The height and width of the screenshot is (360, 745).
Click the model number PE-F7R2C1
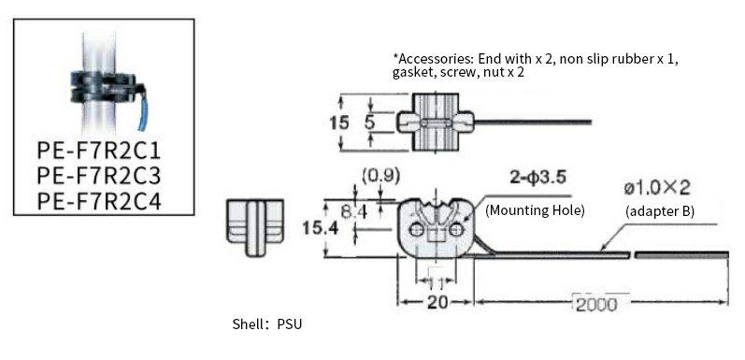coord(99,151)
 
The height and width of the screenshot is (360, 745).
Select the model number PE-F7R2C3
coord(99,176)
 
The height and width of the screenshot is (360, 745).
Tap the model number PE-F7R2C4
coord(99,201)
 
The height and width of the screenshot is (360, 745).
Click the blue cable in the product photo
coord(142,110)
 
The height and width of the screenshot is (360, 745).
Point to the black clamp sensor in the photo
coord(106,87)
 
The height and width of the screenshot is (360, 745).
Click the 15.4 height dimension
coord(321,229)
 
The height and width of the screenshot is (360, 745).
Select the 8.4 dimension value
coord(354,212)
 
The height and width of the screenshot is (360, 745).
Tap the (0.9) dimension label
coord(380,176)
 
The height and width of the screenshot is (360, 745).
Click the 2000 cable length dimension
coord(596,304)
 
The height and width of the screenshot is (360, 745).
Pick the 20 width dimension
coord(437,303)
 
